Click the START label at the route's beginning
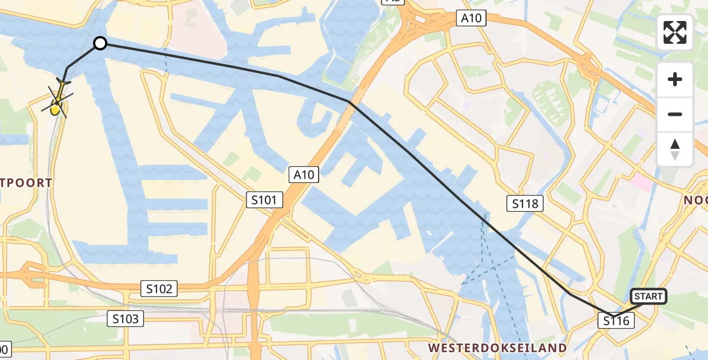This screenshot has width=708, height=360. click(648, 296)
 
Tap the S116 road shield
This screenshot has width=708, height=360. click(616, 321)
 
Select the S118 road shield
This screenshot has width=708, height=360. click(525, 203)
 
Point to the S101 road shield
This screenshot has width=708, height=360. click(264, 200)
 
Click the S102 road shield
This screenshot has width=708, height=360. click(159, 289)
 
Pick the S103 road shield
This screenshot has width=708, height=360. click(126, 319)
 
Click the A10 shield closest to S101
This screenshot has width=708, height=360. click(303, 175)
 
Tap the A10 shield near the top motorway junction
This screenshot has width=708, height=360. click(471, 19)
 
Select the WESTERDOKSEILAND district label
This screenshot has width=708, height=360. click(497, 348)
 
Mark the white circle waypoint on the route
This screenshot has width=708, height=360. click(100, 43)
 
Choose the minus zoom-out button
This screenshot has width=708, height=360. click(675, 115)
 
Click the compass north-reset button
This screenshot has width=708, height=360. click(675, 148)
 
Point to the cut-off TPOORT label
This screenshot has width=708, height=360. click(26, 182)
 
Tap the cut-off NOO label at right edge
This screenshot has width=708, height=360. click(696, 200)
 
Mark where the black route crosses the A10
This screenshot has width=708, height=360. click(350, 102)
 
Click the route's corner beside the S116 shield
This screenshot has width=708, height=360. click(613, 316)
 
